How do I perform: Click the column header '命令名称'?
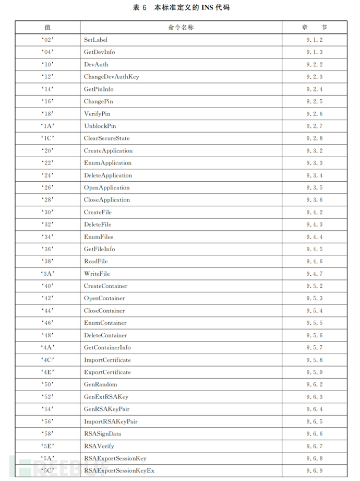[181, 27]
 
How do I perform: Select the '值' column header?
[47, 27]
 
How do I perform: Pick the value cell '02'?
[47, 40]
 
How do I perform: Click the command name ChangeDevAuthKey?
[111, 77]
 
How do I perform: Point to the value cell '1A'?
[47, 126]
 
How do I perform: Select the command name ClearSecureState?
[106, 138]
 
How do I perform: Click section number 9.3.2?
[315, 151]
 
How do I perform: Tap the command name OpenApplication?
[106, 187]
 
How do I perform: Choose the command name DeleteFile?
[98, 225]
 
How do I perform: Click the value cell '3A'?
[47, 274]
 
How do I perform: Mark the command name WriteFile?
[97, 274]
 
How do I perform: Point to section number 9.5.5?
[315, 323]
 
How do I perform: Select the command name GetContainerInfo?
[107, 348]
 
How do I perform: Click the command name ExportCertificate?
[107, 372]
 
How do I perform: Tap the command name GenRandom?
[100, 384]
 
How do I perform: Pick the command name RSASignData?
[102, 434]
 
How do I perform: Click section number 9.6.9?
[315, 471]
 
